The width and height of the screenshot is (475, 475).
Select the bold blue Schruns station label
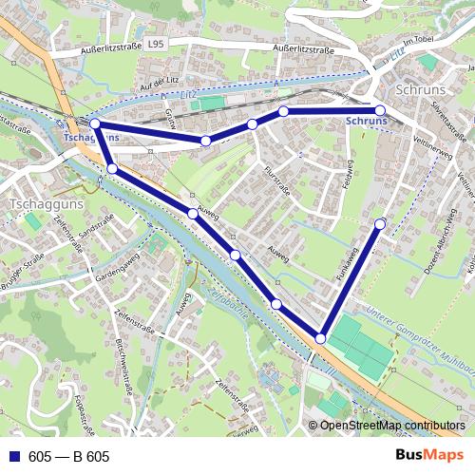[367, 122]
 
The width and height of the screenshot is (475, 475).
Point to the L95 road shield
[155, 44]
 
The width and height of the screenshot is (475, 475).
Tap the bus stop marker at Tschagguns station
[94, 123]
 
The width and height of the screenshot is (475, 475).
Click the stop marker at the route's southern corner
[321, 338]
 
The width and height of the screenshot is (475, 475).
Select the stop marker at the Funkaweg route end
[380, 224]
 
